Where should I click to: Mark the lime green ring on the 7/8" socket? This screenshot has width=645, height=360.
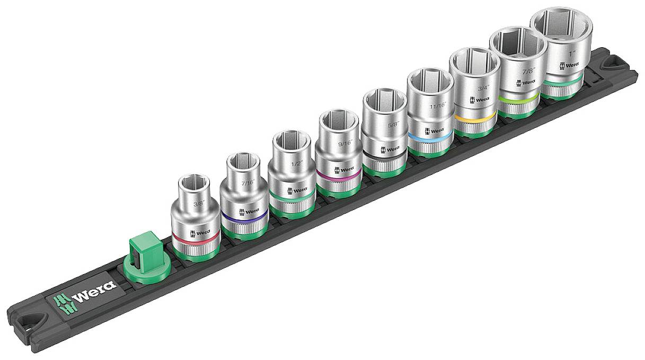519,96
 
